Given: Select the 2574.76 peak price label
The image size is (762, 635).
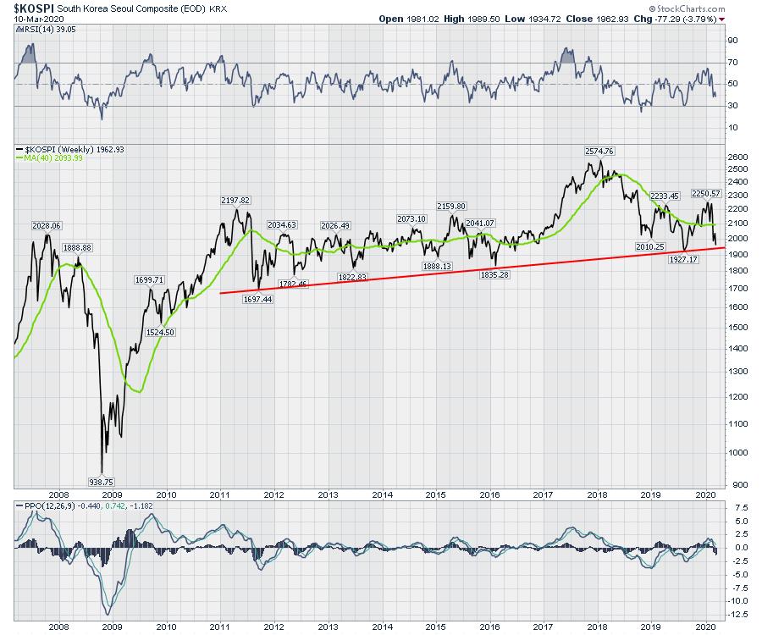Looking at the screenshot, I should [599, 151].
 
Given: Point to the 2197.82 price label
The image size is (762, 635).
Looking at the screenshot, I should [235, 201].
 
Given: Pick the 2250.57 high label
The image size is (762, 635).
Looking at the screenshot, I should [705, 193].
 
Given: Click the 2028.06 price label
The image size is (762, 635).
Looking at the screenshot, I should [47, 226].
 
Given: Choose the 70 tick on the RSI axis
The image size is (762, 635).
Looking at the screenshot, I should [731, 62].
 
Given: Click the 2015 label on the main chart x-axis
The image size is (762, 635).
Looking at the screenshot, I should [435, 494].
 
